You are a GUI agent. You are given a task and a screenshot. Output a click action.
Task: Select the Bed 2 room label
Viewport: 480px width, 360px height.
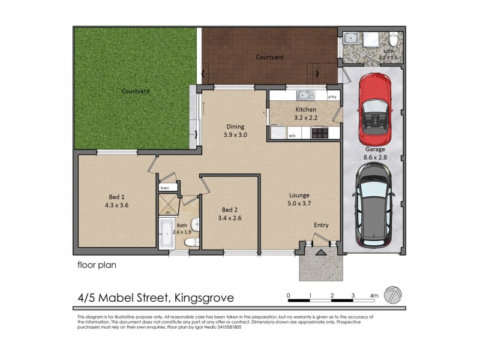coord(230,209)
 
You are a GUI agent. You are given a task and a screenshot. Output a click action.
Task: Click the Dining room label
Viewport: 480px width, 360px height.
coord(235,127)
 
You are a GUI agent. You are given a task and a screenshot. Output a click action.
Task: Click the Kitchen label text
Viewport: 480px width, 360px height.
coord(305,110)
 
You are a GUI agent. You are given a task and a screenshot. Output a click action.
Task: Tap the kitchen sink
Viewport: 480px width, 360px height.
coord(305,95)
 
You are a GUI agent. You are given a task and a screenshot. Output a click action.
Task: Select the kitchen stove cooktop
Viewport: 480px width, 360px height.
coord(318,133)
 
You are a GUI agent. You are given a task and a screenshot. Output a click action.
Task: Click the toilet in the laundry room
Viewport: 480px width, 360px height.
coord(392,40)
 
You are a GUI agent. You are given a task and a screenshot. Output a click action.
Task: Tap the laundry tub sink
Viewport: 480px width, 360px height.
coord(352,39)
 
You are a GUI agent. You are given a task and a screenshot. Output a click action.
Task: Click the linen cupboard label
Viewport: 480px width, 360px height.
coord(164,188)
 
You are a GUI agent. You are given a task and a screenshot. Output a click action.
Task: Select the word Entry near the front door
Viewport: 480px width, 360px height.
coord(321,225)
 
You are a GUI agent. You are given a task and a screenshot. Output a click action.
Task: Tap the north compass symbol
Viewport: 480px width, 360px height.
coord(393,295)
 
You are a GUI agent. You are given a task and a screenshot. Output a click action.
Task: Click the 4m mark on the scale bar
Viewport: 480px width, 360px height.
coord(374,295)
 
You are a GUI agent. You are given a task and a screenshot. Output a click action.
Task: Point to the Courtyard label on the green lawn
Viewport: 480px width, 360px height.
coord(135,91)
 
